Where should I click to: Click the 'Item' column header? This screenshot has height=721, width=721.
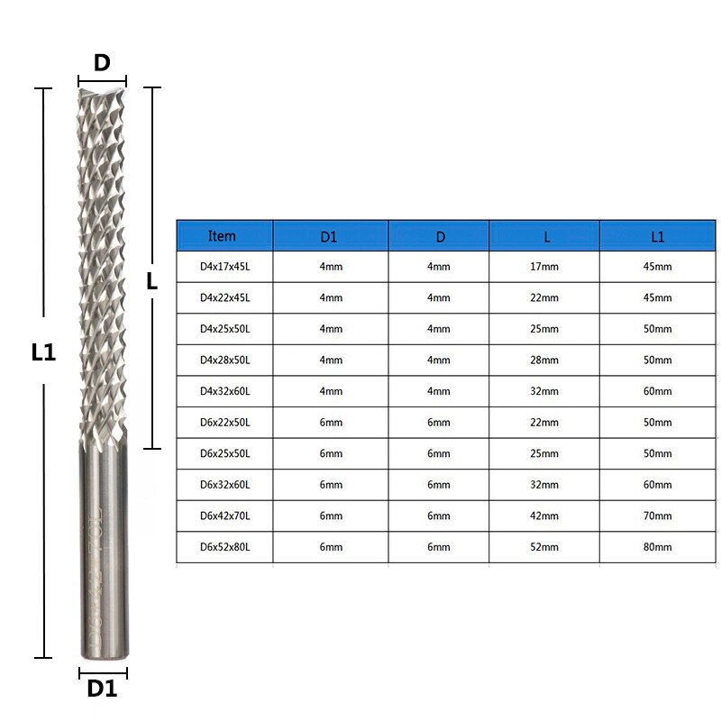[x=222, y=236]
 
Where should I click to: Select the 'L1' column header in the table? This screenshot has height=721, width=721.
[x=657, y=237]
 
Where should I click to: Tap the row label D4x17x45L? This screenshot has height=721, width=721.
[x=224, y=267]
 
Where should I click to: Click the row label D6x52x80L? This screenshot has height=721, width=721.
[x=224, y=547]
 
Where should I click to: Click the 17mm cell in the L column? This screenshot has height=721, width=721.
[x=544, y=267]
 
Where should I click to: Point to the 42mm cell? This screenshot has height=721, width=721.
[x=544, y=516]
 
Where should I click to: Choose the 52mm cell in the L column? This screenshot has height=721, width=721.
[x=544, y=547]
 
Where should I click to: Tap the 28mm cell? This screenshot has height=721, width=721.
[x=544, y=360]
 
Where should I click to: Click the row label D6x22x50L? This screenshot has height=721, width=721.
[x=224, y=423]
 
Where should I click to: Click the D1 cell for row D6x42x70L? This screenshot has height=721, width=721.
[x=331, y=516]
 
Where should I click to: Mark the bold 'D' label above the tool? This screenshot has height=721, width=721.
[x=102, y=62]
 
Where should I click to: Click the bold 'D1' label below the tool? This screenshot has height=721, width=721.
[x=102, y=689]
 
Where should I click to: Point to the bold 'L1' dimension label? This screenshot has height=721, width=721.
[x=43, y=354]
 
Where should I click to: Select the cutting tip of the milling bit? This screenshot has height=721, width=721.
[x=102, y=91]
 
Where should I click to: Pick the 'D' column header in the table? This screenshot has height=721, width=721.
[x=440, y=237]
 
